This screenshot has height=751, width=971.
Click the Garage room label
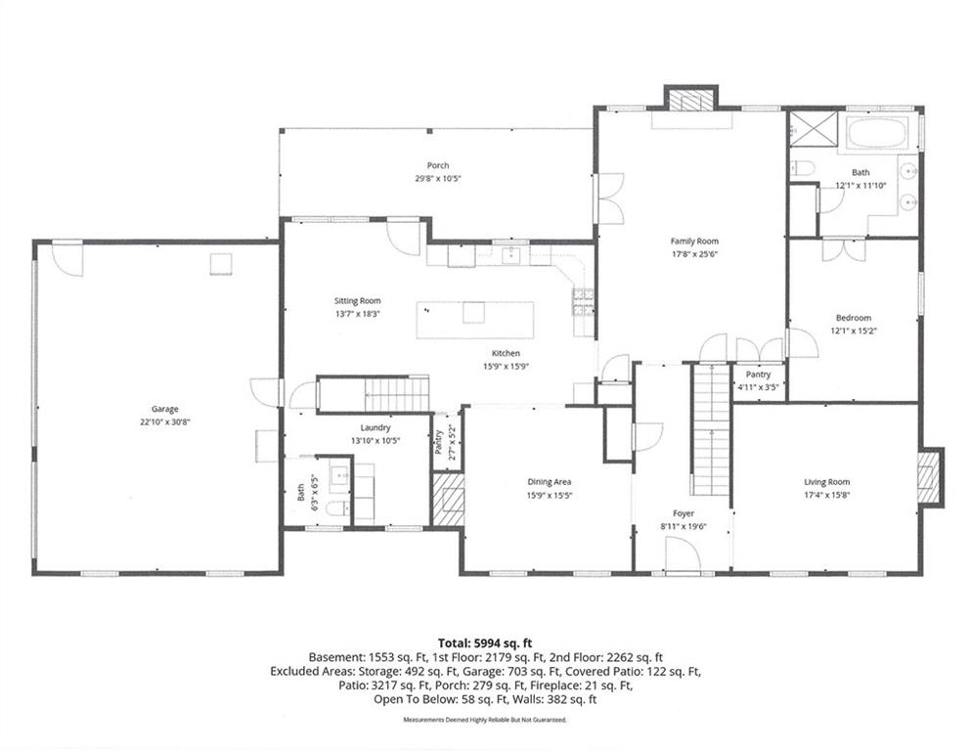coord(164,409)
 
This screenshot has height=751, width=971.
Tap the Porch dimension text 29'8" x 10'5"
coord(438,178)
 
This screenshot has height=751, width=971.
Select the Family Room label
coord(694,242)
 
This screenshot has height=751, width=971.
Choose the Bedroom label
coord(854,318)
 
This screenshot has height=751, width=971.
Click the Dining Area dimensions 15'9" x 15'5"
coord(549,496)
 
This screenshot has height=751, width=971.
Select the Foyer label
coord(684,513)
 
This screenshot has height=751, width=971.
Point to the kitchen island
coord(475,320)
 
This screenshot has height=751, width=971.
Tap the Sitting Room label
coord(357,301)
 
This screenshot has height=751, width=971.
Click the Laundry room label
coord(375,428)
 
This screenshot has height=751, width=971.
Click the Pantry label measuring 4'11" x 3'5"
coord(758,375)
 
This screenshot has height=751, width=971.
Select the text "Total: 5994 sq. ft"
coord(485,643)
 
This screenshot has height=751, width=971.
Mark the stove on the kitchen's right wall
coord(583,304)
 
